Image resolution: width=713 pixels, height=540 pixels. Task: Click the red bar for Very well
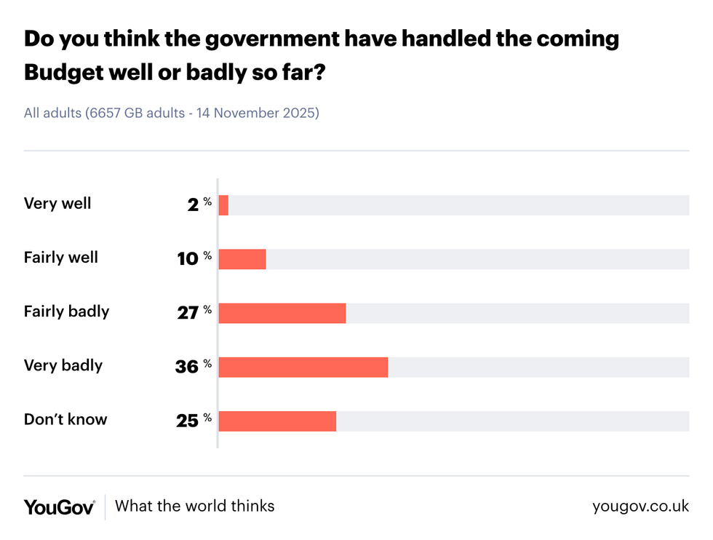pyautogui.click(x=223, y=205)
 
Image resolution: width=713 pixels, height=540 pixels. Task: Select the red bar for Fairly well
pyautogui.click(x=242, y=259)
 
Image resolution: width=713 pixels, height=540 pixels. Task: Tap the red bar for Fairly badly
pyautogui.click(x=282, y=313)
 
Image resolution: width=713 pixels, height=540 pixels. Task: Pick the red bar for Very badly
pyautogui.click(x=303, y=367)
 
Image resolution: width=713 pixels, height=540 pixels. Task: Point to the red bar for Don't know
pyautogui.click(x=277, y=421)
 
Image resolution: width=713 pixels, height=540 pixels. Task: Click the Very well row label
pyautogui.click(x=57, y=204)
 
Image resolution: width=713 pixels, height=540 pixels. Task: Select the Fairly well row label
pyautogui.click(x=61, y=258)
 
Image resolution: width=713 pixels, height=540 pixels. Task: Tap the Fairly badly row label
pyautogui.click(x=66, y=311)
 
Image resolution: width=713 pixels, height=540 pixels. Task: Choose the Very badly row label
pyautogui.click(x=63, y=365)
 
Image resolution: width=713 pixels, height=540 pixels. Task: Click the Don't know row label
pyautogui.click(x=65, y=419)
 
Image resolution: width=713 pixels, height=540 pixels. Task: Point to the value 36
pyautogui.click(x=186, y=367)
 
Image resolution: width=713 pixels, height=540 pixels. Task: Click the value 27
pyautogui.click(x=187, y=313)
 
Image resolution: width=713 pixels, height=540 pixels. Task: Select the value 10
pyautogui.click(x=188, y=259)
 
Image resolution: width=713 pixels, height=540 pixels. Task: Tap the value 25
pyautogui.click(x=187, y=421)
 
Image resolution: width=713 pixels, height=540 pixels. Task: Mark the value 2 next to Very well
pyautogui.click(x=193, y=205)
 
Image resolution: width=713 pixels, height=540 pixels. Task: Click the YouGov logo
pyautogui.click(x=59, y=507)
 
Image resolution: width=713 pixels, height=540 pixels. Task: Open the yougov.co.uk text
pyautogui.click(x=640, y=507)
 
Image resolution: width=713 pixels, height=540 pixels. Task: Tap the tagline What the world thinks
pyautogui.click(x=195, y=506)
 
